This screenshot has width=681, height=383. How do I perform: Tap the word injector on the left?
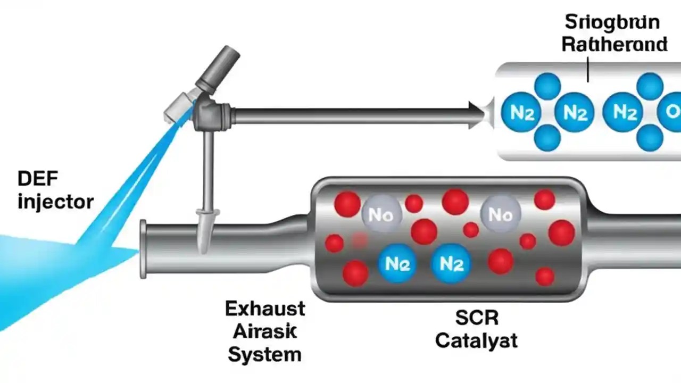point(55,202)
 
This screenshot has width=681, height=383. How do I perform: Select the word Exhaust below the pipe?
point(265,309)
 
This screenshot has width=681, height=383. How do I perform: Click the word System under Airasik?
point(264,354)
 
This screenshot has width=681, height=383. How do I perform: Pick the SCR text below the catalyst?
point(477,318)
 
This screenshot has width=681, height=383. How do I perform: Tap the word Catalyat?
point(476,340)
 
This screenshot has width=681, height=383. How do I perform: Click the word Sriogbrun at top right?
point(611,23)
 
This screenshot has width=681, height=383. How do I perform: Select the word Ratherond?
point(614,45)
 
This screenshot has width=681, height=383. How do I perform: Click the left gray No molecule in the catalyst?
point(381,214)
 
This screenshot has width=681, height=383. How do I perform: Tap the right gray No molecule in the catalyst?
point(500,214)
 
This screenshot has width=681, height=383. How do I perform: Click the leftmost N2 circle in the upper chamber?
point(521,113)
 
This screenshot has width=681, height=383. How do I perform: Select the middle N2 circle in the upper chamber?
point(574,113)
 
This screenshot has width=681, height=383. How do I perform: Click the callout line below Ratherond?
point(588,69)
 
